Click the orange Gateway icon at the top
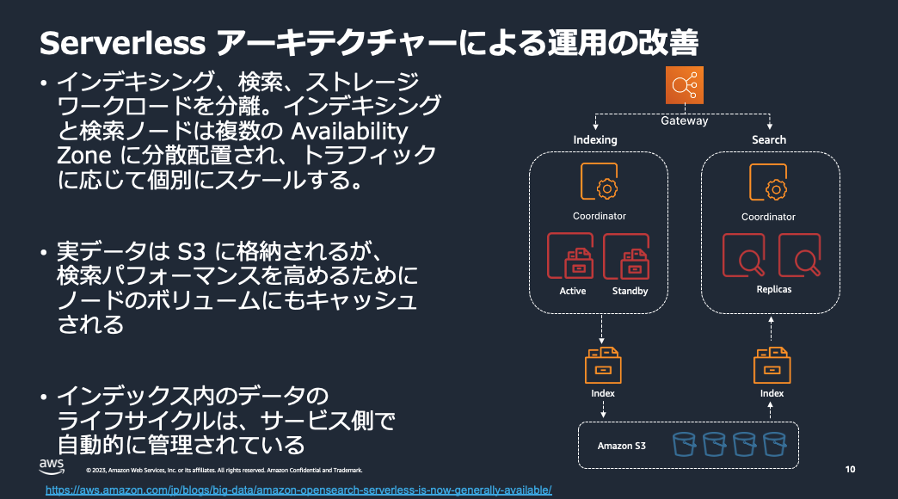[x=685, y=86]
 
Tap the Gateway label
[x=685, y=121]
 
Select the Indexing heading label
[x=595, y=139]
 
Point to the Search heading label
[x=769, y=139]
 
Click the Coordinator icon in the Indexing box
[x=600, y=183]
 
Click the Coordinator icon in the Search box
[x=768, y=183]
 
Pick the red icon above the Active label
[x=572, y=256]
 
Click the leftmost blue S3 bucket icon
[x=684, y=444]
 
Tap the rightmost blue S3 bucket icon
[x=775, y=444]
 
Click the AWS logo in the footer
[x=52, y=465]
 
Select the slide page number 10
[x=850, y=470]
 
